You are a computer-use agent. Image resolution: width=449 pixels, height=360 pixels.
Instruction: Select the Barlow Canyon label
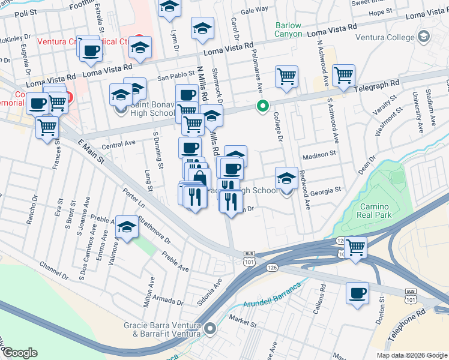pyautogui.click(x=288, y=29)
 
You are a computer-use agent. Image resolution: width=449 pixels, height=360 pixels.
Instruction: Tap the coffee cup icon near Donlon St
pyautogui.click(x=357, y=293)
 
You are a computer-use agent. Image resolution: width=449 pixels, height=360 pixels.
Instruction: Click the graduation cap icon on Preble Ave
pyautogui.click(x=127, y=227)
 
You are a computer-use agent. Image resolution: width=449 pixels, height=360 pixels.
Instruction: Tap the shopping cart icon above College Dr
pyautogui.click(x=287, y=76)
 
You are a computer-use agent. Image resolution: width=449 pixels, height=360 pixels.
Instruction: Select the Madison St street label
pyautogui.click(x=319, y=155)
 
